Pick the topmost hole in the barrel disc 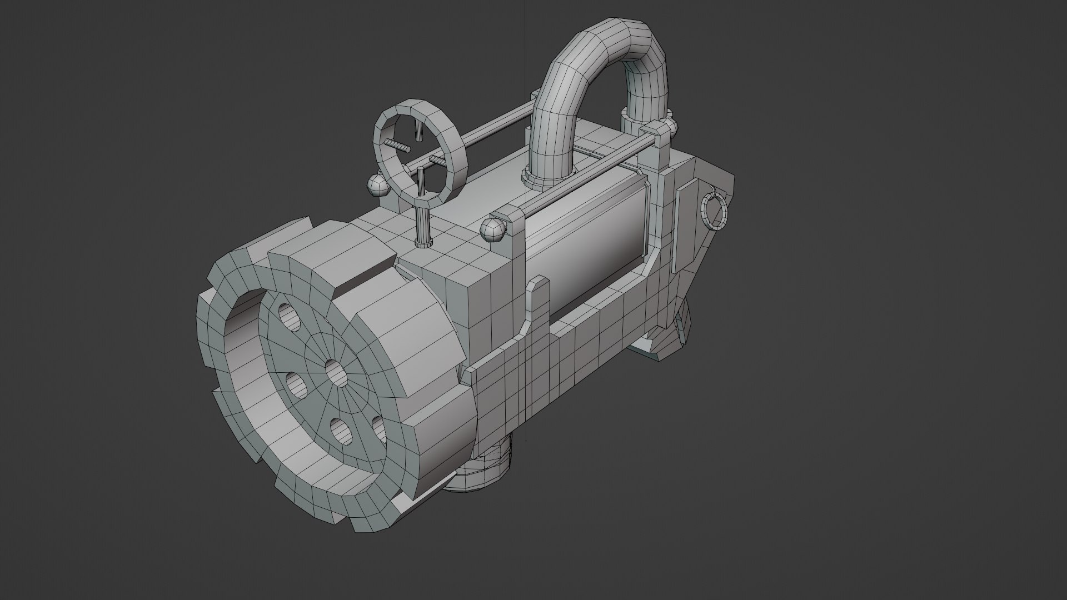tap(288, 316)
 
